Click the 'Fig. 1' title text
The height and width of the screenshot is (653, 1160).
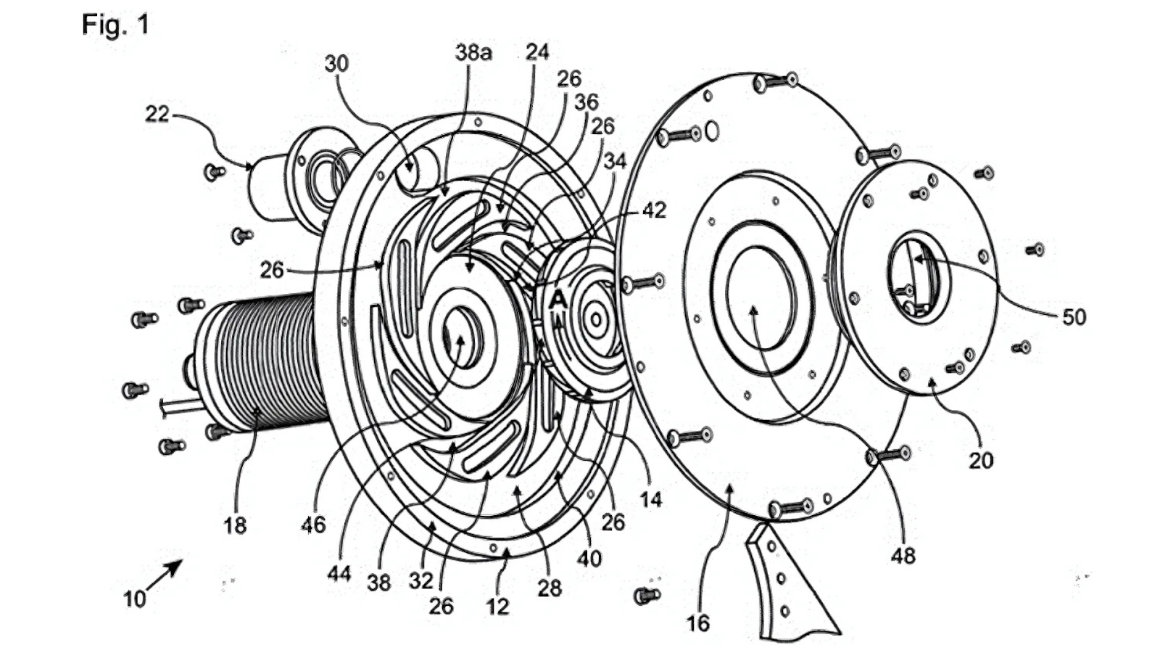(x=115, y=25)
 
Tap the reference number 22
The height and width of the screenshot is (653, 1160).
(x=157, y=114)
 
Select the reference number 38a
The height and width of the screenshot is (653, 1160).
(x=473, y=52)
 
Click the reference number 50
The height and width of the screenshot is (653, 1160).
(x=1074, y=317)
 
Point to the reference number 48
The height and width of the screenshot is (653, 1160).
(x=903, y=557)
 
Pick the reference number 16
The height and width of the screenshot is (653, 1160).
(x=697, y=623)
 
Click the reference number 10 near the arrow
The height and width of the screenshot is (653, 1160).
(x=134, y=599)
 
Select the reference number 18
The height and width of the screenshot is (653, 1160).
(x=235, y=525)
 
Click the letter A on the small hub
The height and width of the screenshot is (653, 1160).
(x=558, y=298)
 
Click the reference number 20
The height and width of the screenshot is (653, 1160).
(x=981, y=460)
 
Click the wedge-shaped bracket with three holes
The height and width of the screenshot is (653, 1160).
(x=787, y=588)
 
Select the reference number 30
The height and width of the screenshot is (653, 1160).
(x=336, y=64)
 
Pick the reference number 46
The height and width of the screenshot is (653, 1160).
(x=313, y=524)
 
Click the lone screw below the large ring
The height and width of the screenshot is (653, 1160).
(x=645, y=596)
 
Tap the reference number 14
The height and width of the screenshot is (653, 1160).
(x=650, y=498)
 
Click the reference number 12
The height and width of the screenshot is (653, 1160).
(x=497, y=606)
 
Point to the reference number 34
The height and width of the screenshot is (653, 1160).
(x=615, y=160)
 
